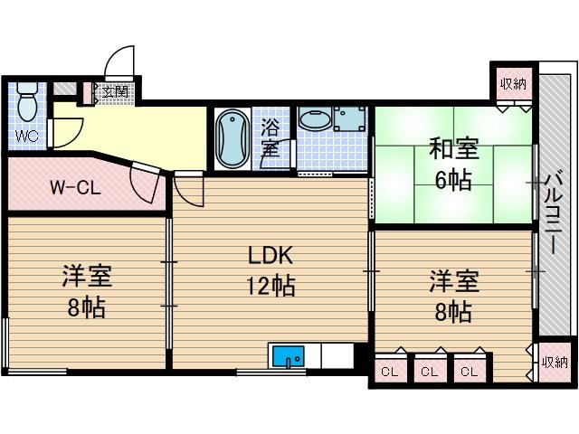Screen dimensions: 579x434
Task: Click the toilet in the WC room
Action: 27,100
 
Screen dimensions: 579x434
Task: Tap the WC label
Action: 26,137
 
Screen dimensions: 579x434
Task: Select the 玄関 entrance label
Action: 115,91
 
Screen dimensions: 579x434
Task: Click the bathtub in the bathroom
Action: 233,138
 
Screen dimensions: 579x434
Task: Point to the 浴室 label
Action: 271,138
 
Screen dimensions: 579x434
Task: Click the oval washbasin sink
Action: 316,119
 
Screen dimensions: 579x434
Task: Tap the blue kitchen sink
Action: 289,356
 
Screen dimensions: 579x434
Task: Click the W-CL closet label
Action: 75,188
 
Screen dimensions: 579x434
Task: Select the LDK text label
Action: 271,255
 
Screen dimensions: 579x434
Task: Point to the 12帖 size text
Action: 271,286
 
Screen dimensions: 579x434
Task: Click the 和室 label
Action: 454,148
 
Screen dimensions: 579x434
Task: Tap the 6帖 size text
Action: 453,180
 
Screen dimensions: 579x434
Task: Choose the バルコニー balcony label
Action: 554,213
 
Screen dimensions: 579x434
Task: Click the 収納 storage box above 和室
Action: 513,84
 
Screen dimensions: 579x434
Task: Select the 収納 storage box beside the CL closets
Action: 555,363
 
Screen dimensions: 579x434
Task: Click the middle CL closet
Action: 429,371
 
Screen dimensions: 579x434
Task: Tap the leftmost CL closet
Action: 390,371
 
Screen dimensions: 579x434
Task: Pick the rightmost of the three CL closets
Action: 470,371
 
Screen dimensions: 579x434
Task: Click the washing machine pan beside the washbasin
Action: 349,118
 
